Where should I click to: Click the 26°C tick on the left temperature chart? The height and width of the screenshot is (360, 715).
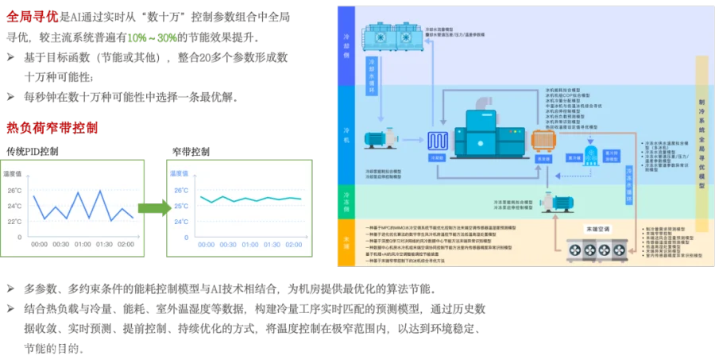(x=14, y=191)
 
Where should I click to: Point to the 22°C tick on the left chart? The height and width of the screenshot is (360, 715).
(x=14, y=222)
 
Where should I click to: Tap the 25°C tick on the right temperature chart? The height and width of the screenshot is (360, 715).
(x=180, y=207)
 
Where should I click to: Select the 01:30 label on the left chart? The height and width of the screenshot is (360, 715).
(x=104, y=245)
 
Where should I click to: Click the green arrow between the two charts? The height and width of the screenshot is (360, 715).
(x=154, y=208)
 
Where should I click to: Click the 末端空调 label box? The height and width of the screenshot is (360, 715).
(x=594, y=229)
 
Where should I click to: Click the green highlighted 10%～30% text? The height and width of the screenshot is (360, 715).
(x=152, y=38)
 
